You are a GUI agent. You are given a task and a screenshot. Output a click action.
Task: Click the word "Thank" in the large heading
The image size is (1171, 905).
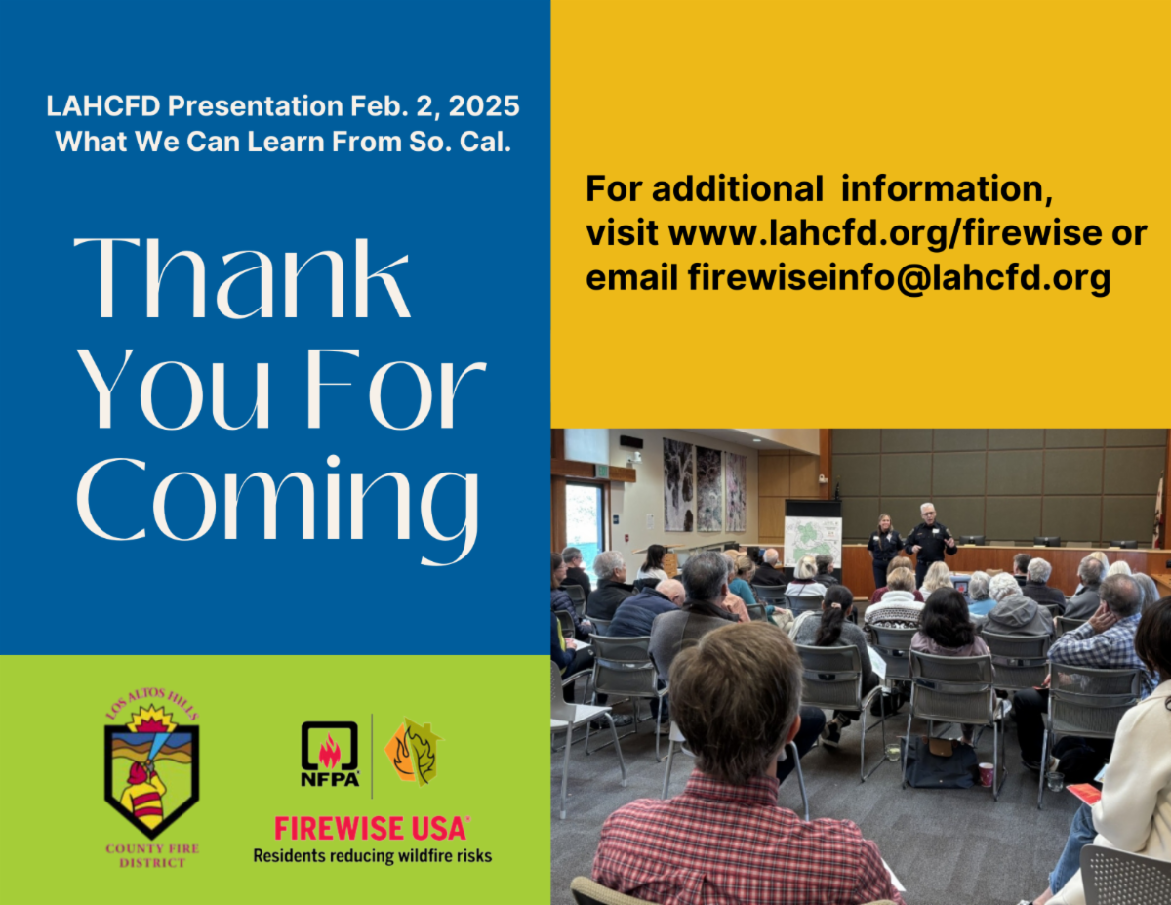242,278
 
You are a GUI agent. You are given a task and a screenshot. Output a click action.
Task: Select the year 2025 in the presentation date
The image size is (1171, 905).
484,105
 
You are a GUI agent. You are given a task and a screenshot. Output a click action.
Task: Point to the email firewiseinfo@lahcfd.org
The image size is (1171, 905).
899,277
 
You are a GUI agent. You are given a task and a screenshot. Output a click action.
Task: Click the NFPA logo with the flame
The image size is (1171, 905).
330,754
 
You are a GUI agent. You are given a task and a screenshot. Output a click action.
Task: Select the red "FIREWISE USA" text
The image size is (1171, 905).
371,829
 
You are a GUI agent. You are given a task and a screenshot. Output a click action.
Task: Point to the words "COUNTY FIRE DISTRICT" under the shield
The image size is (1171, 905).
152,856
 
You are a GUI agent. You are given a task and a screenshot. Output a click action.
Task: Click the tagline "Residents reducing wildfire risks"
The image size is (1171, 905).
373,856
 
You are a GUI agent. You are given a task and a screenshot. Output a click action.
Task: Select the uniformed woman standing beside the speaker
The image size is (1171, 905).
884,547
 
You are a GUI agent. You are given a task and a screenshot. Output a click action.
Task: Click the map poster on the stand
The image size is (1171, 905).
813,542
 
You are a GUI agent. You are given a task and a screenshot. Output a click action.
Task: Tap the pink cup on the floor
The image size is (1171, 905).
986,774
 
